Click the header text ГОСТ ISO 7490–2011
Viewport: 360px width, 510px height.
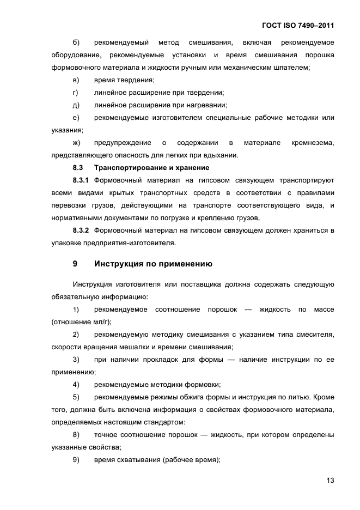(299, 26)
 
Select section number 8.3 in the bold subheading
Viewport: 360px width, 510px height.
(77, 167)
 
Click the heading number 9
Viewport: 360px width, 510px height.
(75, 264)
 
